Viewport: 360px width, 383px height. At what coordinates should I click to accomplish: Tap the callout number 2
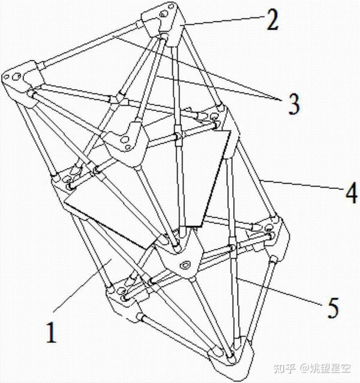(272, 22)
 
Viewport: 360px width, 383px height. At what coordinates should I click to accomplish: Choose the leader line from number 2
(222, 23)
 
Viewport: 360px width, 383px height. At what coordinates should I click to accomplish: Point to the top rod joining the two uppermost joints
(90, 46)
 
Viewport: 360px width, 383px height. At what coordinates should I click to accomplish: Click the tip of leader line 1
(107, 261)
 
